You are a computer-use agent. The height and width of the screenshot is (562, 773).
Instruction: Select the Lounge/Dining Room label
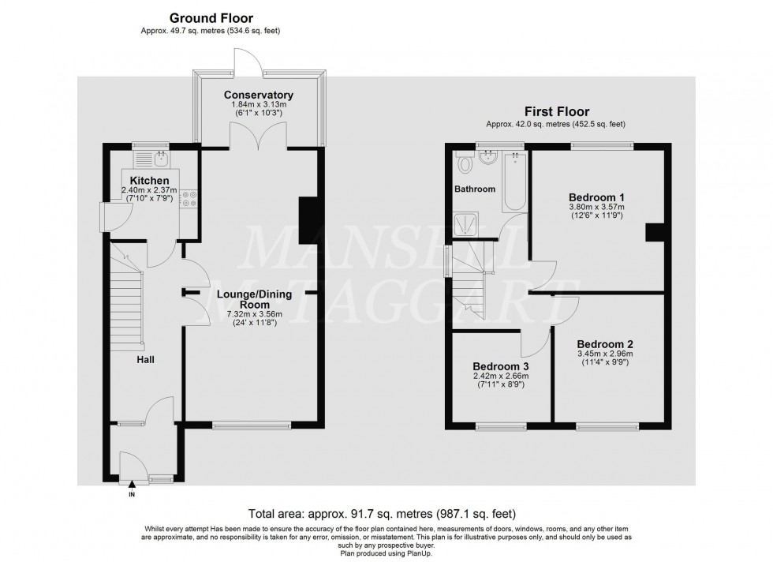[253, 299]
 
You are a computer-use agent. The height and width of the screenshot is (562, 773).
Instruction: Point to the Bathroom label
[474, 189]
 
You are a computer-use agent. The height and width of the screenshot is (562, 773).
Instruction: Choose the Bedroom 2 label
[605, 344]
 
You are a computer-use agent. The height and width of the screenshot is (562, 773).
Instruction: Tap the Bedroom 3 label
[500, 366]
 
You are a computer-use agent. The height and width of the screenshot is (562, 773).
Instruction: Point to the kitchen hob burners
[189, 200]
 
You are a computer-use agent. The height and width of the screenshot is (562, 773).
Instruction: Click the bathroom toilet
[465, 163]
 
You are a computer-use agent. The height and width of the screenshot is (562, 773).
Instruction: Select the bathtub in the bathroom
[513, 181]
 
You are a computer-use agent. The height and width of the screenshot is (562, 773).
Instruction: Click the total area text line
[382, 513]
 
